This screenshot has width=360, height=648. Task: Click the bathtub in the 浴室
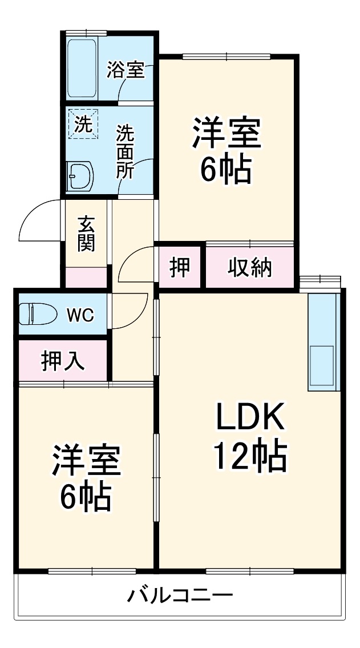83,68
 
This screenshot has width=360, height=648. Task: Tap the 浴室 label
125,71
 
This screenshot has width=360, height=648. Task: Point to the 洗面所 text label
126,152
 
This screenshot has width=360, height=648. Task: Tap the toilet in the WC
38,314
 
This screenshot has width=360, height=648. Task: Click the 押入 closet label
63,361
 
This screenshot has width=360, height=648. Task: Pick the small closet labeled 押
180,267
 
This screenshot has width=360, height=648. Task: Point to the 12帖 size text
249,455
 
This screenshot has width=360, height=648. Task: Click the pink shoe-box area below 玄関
86,277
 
